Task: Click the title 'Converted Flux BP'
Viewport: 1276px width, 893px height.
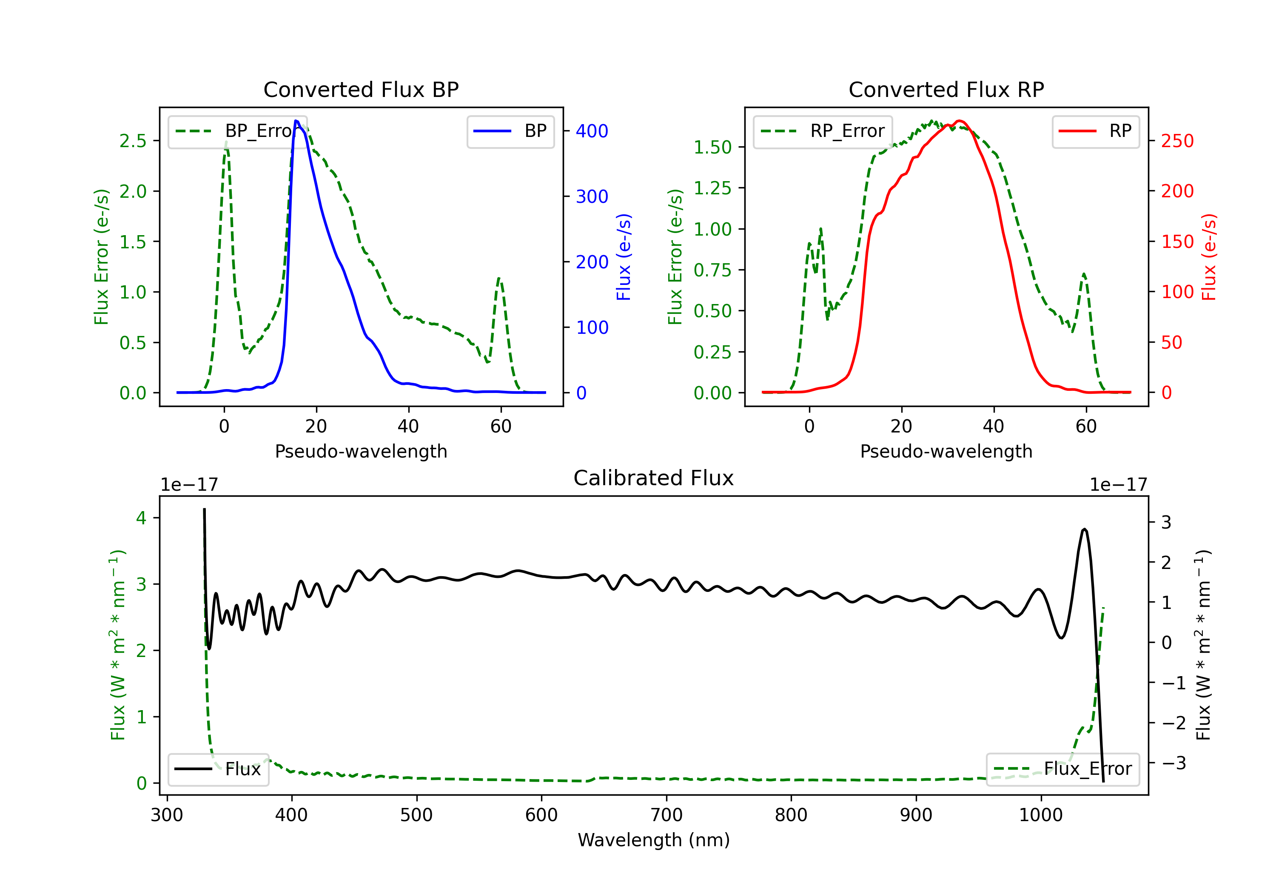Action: (x=361, y=89)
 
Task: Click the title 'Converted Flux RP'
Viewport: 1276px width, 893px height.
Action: (x=946, y=89)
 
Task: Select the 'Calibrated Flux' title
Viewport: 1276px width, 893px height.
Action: (x=654, y=478)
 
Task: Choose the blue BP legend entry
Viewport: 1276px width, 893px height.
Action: (x=510, y=131)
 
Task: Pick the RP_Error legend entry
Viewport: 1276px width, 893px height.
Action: (x=823, y=131)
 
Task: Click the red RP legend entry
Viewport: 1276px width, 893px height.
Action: (x=1095, y=131)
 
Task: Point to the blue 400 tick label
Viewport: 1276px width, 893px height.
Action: (x=592, y=131)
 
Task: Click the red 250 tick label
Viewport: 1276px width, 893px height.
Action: (x=1177, y=141)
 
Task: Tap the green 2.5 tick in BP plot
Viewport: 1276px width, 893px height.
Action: (x=133, y=141)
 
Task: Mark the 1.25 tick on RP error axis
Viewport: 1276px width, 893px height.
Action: (x=712, y=188)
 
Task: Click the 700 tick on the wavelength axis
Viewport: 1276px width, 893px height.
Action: (x=666, y=815)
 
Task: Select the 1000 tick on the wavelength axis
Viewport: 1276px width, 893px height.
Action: (x=1041, y=815)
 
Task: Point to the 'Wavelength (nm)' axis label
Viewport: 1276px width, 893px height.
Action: (x=654, y=840)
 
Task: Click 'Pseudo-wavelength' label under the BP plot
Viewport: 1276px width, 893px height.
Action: (x=361, y=451)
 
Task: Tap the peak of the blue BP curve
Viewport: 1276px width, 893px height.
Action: (x=296, y=121)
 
